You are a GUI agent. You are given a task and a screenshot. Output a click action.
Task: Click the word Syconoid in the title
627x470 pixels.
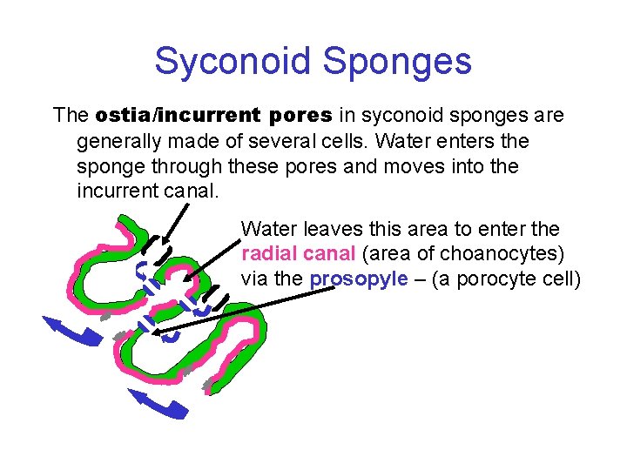232,61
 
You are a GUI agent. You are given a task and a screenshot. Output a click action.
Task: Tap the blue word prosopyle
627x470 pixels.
358,279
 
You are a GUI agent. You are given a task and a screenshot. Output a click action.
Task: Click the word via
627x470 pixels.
257,279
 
